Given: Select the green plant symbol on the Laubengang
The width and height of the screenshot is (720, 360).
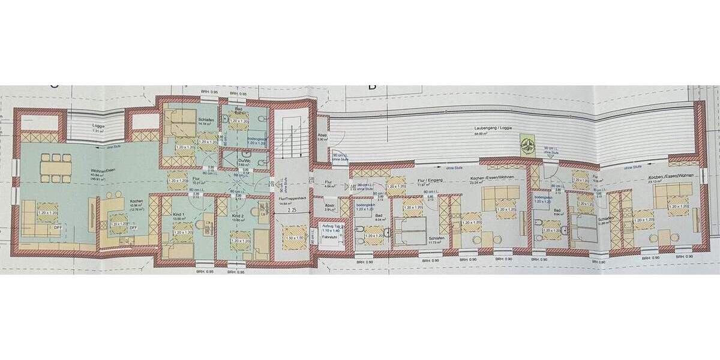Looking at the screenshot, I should click(x=529, y=144).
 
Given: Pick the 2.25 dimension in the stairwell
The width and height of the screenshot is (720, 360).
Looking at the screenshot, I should click(x=292, y=211).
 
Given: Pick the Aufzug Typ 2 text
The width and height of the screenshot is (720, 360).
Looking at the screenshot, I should click(x=331, y=226).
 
